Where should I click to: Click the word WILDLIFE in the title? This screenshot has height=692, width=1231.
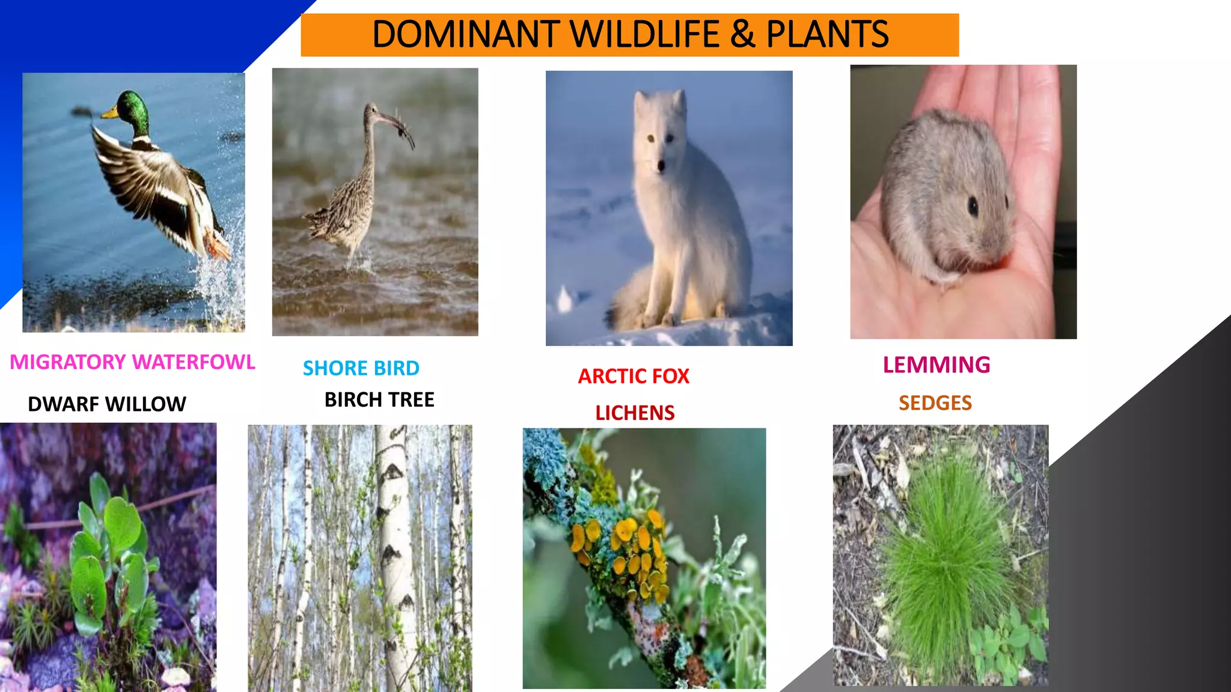click(x=645, y=34)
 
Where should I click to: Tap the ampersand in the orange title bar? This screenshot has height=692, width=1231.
click(x=743, y=34)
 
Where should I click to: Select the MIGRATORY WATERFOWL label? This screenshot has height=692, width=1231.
click(x=132, y=362)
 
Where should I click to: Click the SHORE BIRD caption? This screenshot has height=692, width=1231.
click(x=361, y=368)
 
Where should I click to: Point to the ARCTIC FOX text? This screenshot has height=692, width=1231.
click(x=634, y=377)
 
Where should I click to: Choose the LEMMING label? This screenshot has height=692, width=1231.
click(x=936, y=365)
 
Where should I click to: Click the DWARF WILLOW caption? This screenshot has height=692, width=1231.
click(x=107, y=404)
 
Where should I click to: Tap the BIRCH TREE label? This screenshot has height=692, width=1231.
click(x=379, y=400)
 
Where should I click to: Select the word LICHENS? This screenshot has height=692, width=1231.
click(x=635, y=413)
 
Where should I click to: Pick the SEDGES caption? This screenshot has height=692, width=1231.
click(x=935, y=403)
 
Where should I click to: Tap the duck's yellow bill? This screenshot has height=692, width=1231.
click(x=109, y=112)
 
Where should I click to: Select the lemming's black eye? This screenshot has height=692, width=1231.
click(x=973, y=207)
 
